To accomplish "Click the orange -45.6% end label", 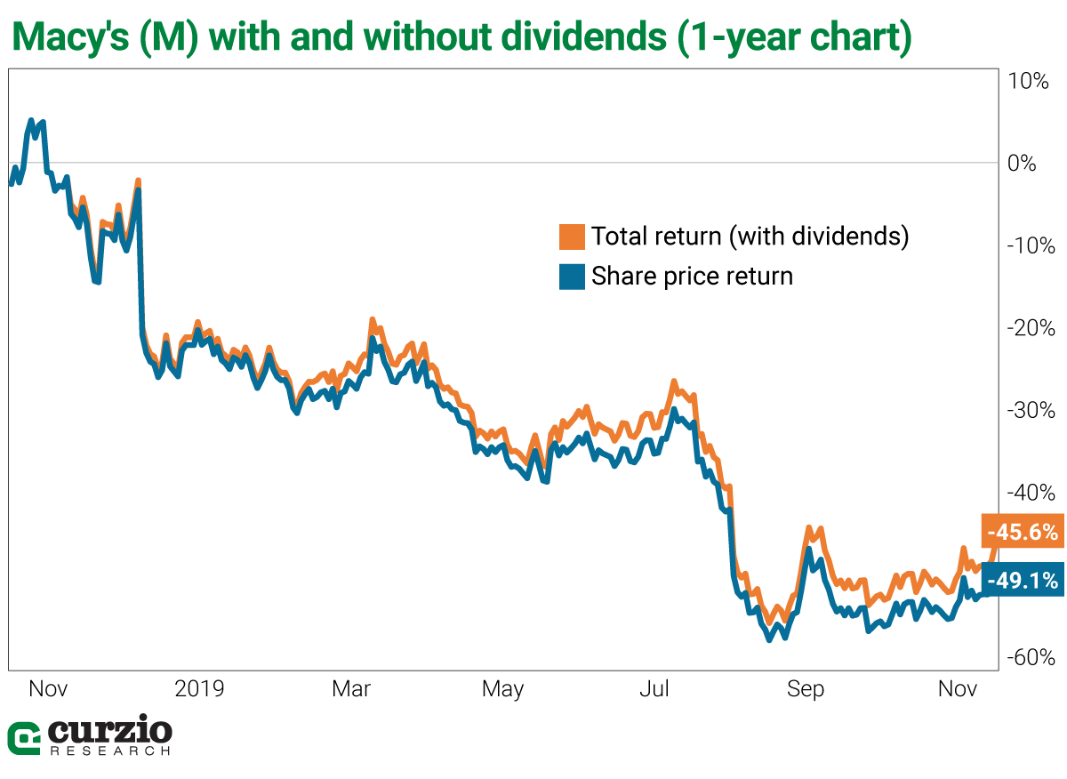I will [1023, 532].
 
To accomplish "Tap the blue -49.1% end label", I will [1023, 581].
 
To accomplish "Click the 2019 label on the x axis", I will [200, 688].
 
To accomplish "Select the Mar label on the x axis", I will [351, 688].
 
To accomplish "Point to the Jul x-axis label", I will [655, 688].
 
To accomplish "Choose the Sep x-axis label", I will [806, 688].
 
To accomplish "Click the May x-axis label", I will [503, 688].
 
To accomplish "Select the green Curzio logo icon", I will [24, 738].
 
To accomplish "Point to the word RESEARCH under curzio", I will [110, 751].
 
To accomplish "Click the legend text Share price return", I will [692, 276].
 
